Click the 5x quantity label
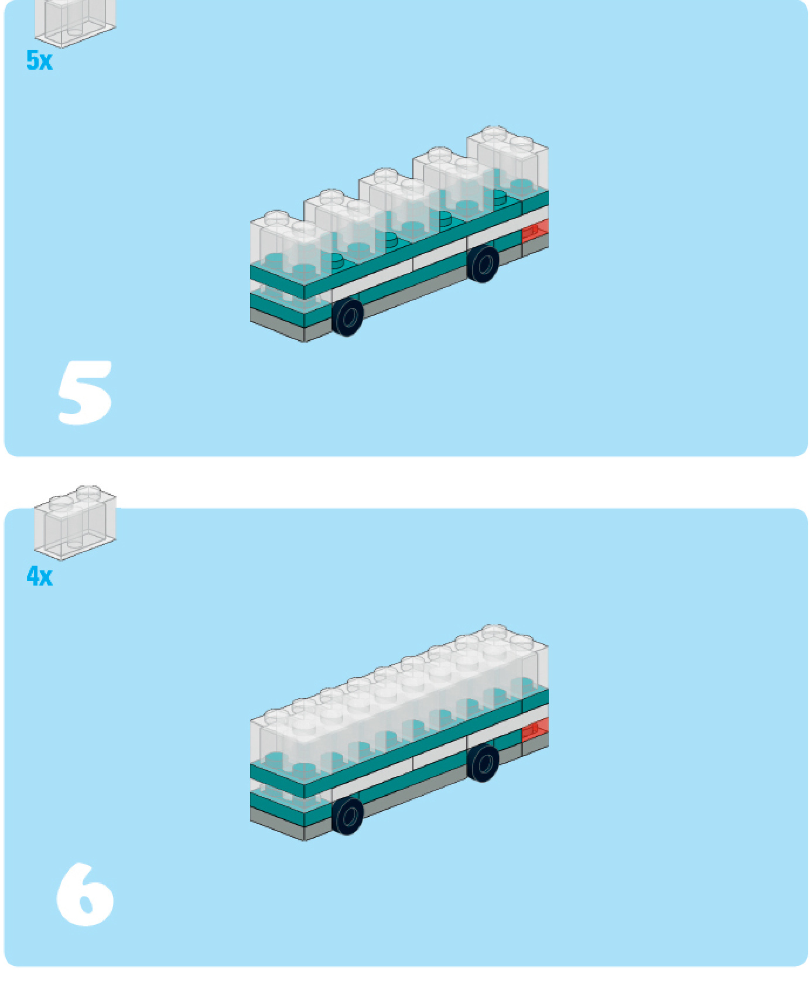coord(39,60)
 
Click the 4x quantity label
coord(39,576)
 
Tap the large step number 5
coord(85,392)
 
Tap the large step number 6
coord(85,894)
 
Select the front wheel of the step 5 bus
coord(347,316)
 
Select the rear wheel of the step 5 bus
coord(483,264)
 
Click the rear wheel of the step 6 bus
coord(483,763)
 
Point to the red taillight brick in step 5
coord(535,230)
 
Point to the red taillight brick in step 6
coord(535,729)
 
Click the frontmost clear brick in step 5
coord(290,246)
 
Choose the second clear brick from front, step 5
coord(344,225)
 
